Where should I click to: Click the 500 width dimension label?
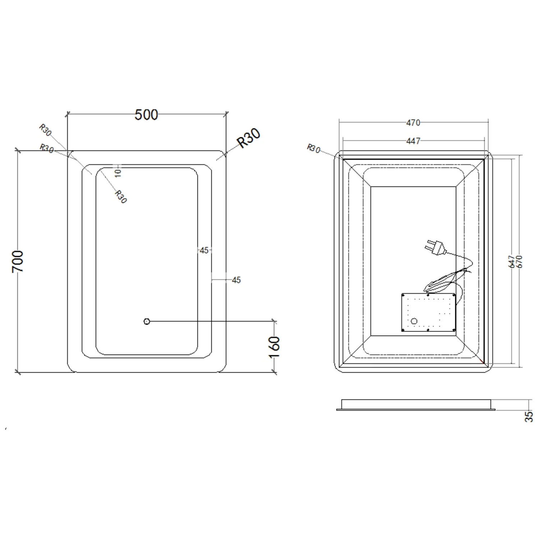tap(146, 115)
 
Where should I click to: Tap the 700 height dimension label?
tap(18, 261)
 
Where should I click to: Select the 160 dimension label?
tap(274, 347)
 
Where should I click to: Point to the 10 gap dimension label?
tap(118, 173)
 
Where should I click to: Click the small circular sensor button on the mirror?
tap(147, 321)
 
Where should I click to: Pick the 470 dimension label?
tap(413, 123)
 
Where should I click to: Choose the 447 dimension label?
tap(413, 141)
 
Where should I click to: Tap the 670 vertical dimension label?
tap(519, 261)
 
